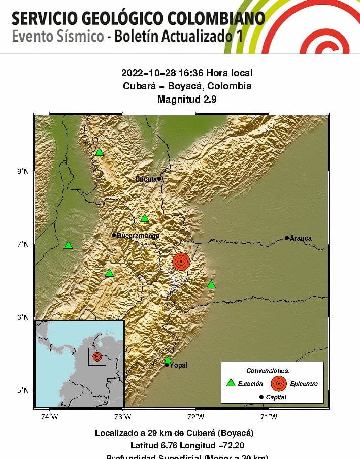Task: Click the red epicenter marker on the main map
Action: tap(181, 261)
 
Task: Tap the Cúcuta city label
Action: tap(147, 179)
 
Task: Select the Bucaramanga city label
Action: tap(138, 236)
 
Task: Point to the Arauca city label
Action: tap(301, 238)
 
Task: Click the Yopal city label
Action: tap(175, 365)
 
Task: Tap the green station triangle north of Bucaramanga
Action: tap(145, 219)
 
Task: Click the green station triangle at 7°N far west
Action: tap(69, 245)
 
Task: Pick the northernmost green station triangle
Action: tap(100, 152)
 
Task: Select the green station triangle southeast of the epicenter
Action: tap(211, 284)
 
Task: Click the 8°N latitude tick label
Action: tap(22, 171)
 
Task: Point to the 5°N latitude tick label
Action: tap(22, 390)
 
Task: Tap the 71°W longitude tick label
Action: tap(269, 417)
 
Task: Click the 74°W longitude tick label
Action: tap(50, 417)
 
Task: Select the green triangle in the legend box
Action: tap(231, 383)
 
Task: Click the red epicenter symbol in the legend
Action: tap(278, 383)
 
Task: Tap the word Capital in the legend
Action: tap(276, 397)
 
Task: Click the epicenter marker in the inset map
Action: tap(97, 356)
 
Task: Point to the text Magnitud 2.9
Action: tap(187, 100)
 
